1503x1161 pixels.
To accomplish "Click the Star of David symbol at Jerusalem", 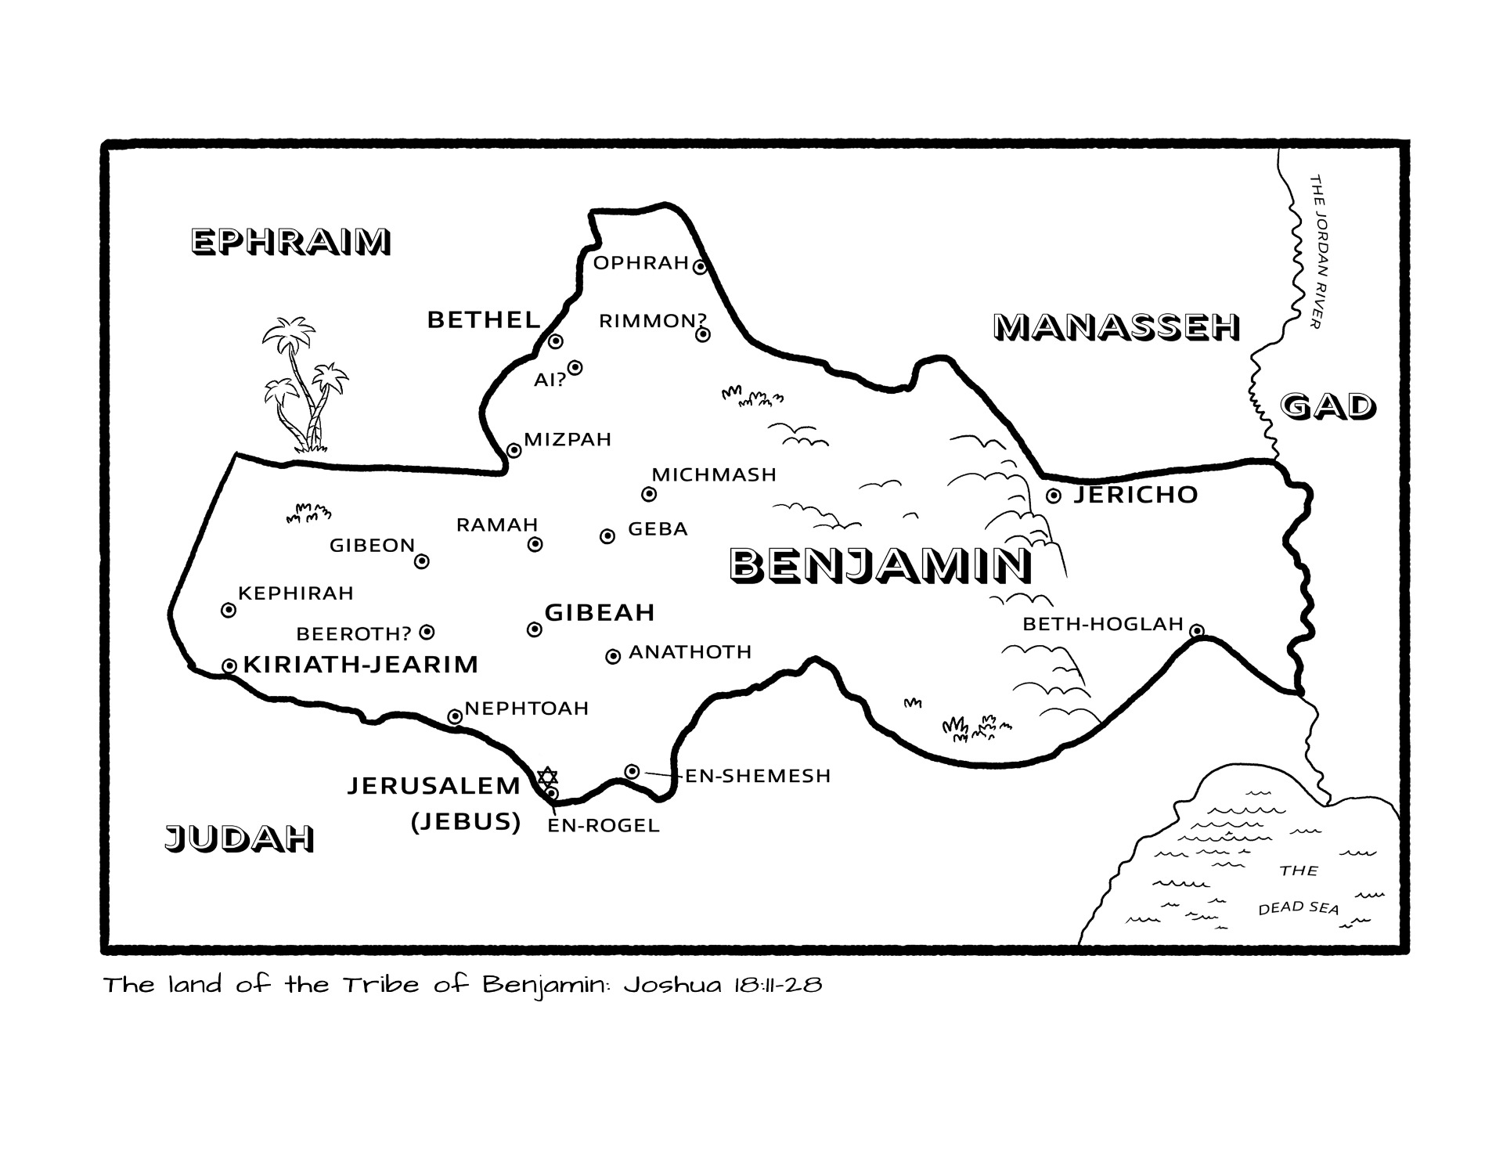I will click(547, 777).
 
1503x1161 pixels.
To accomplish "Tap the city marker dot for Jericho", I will click(1054, 496).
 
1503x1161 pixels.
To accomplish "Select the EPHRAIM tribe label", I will click(290, 242).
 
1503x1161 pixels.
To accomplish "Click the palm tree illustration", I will click(302, 384).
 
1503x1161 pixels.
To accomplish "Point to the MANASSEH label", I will click(1116, 327).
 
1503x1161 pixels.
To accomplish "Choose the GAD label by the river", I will click(1328, 406).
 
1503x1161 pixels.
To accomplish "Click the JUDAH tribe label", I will click(239, 838).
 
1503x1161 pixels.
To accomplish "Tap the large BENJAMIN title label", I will click(880, 565).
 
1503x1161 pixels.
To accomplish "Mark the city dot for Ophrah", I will click(700, 267).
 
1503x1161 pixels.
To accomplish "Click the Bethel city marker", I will click(555, 341).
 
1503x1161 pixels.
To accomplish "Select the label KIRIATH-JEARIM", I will click(361, 665).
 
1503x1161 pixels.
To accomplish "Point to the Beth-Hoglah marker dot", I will click(1196, 631).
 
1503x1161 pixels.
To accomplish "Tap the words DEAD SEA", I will click(1298, 907).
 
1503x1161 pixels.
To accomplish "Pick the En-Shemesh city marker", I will click(632, 772).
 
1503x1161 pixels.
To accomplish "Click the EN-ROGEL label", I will click(604, 825).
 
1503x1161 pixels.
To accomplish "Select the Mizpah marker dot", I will click(514, 450).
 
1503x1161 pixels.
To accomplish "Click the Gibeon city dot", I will click(421, 561).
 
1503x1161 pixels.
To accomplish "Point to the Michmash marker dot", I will click(648, 494).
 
